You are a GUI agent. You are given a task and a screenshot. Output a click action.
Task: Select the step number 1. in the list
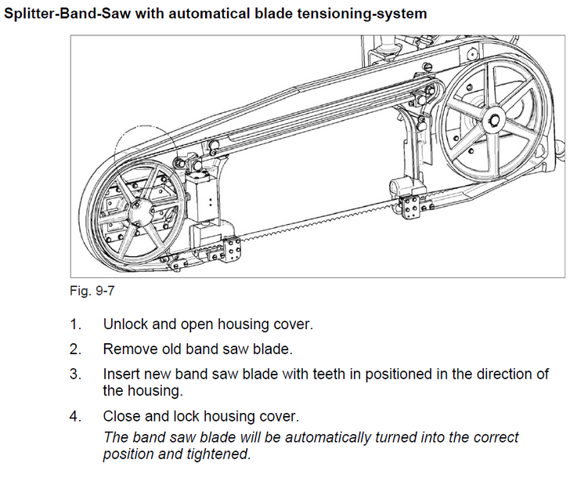point(75,324)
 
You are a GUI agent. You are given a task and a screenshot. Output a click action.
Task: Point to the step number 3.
point(75,374)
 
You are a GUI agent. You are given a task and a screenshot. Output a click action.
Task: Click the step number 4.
point(75,415)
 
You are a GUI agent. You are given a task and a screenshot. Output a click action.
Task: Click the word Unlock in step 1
point(123,324)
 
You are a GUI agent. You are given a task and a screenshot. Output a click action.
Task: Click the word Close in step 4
point(121,415)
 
